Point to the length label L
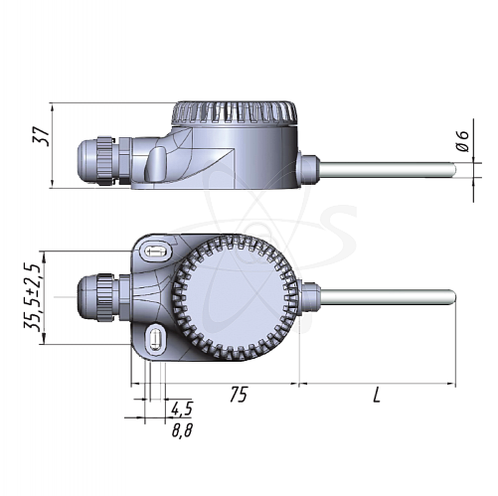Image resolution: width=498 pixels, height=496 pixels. (x=378, y=395)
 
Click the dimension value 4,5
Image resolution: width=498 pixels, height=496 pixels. (x=180, y=409)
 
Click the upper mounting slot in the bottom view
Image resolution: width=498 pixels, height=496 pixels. (x=152, y=252)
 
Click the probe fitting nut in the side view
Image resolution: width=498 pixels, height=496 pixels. (x=307, y=169)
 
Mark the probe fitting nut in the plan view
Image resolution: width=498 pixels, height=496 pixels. (x=307, y=296)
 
